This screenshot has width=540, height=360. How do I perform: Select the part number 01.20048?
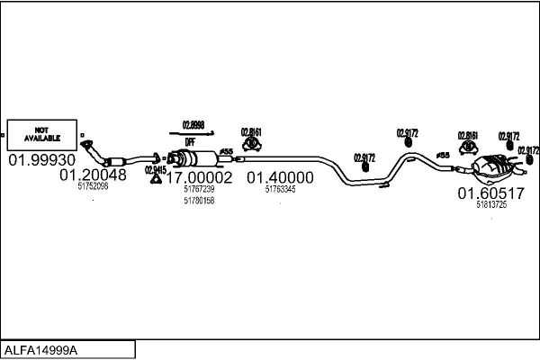tap(93, 175)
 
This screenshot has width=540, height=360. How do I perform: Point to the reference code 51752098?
tap(93, 187)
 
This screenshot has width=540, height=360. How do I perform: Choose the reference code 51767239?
tap(198, 190)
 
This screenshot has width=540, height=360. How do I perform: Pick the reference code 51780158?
tap(198, 201)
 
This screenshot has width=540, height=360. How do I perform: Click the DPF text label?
tap(191, 142)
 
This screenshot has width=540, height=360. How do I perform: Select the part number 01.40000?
tap(281, 178)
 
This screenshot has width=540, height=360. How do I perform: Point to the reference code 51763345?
tap(281, 190)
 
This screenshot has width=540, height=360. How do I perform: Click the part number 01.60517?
tap(490, 193)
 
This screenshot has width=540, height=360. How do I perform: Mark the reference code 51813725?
tap(490, 205)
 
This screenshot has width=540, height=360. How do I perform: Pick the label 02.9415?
tap(155, 168)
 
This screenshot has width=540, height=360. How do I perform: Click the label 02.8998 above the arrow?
tap(193, 124)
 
